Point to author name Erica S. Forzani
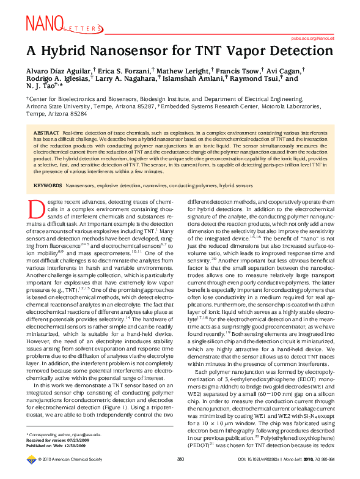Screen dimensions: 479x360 pyautogui.click(x=123, y=71)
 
